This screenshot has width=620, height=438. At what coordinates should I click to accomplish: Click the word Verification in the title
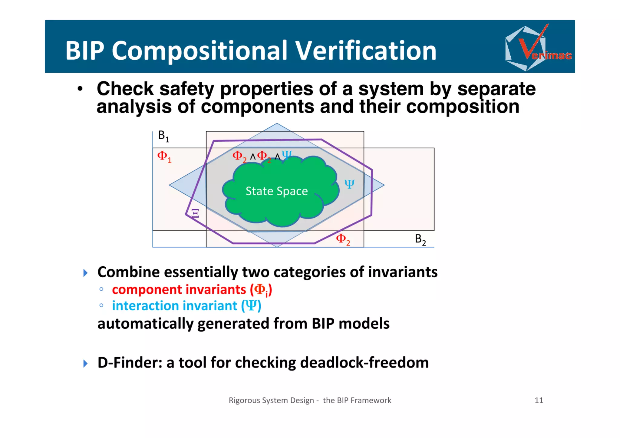coord(366,51)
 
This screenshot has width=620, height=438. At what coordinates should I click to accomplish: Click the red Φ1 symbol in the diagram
coord(164,156)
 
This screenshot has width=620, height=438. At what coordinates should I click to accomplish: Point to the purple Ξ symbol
coord(196,213)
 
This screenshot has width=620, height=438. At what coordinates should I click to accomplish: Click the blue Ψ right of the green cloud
coord(349,184)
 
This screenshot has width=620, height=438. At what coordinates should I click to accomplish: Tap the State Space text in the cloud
coord(276,191)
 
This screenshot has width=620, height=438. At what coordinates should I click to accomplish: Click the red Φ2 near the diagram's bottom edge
coord(343,239)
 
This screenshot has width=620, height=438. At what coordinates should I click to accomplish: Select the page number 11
coord(539,400)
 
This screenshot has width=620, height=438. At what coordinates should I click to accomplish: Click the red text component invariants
coord(179,290)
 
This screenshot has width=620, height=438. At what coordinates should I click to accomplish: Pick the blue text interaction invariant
coord(174,306)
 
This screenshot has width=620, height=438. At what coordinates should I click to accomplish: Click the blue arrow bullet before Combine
coord(85,273)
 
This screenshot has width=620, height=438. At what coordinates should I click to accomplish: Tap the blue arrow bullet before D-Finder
coord(85,363)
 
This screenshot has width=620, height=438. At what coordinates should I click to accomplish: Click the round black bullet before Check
coord(80,89)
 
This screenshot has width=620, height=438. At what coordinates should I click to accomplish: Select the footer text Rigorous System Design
coord(271,400)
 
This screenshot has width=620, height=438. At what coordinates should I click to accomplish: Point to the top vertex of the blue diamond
coord(276,123)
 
